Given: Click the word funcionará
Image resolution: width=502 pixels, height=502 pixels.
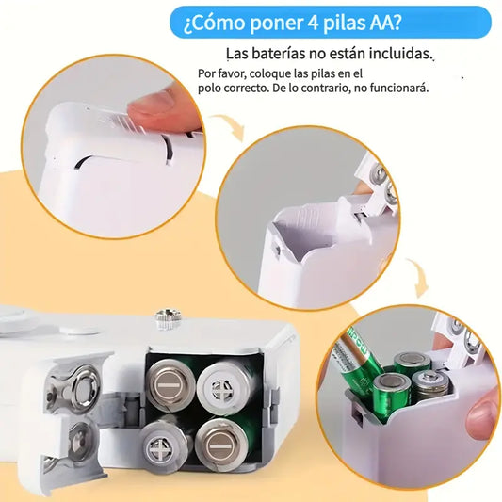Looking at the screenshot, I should (x=397, y=88).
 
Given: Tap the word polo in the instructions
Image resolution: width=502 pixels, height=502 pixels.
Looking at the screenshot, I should (x=212, y=88).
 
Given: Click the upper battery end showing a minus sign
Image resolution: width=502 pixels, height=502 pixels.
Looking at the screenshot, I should (x=171, y=383).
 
